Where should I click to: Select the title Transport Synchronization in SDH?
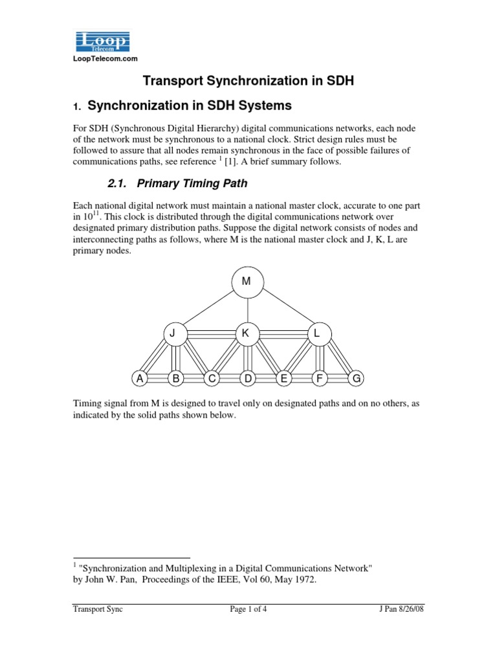[248, 81]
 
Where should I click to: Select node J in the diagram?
[173, 334]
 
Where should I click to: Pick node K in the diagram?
[246, 334]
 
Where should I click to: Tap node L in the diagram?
[317, 334]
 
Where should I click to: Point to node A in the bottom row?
[138, 377]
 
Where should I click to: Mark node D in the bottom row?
[247, 377]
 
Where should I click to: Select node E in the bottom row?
[283, 377]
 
